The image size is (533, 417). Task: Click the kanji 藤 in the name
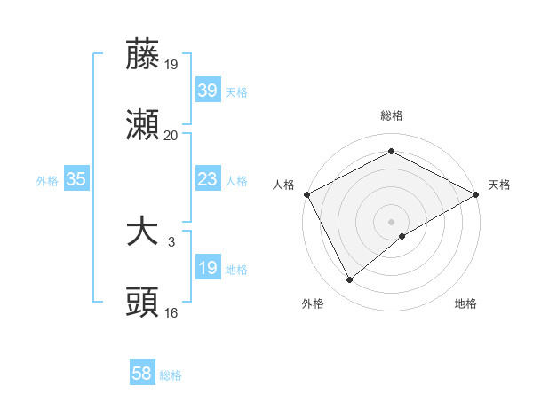tap(142, 55)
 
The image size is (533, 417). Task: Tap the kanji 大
tap(142, 232)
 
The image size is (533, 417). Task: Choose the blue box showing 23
tap(207, 179)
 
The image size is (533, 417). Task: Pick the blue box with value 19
tap(207, 268)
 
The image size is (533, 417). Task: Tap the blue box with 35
tap(76, 179)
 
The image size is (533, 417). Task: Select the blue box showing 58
tap(142, 374)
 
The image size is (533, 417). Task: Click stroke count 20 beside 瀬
tap(171, 136)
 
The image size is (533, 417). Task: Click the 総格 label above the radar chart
tap(392, 115)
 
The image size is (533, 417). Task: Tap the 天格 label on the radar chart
tap(500, 185)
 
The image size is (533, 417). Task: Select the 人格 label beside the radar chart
tap(283, 185)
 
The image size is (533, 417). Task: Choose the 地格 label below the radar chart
tap(465, 303)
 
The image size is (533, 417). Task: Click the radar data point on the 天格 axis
tap(477, 193)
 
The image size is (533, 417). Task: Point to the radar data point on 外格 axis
tap(350, 280)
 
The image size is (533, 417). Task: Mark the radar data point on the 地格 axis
tap(403, 236)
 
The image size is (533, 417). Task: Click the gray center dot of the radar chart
tap(392, 221)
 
